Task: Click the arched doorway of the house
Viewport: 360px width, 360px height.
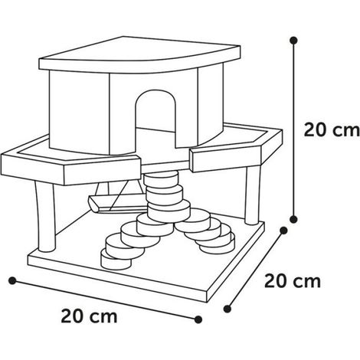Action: (155, 117)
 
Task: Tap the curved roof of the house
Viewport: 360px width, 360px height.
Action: (139, 54)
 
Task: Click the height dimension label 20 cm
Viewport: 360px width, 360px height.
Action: (332, 130)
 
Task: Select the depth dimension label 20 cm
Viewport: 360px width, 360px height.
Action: (293, 281)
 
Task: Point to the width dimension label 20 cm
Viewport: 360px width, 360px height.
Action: (89, 316)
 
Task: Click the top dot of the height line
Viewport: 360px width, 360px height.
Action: (293, 41)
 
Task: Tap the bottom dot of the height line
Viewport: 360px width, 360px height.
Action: (293, 219)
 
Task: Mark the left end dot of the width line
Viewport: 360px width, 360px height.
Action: (12, 280)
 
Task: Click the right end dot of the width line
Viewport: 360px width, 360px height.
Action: (198, 319)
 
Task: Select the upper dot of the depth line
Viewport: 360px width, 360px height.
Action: (283, 231)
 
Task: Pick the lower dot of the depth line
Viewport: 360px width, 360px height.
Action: (227, 309)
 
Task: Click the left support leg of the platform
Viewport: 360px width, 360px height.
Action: (46, 217)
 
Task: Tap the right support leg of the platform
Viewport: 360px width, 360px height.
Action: (253, 195)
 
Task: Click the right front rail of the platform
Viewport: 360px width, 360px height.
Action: (236, 151)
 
